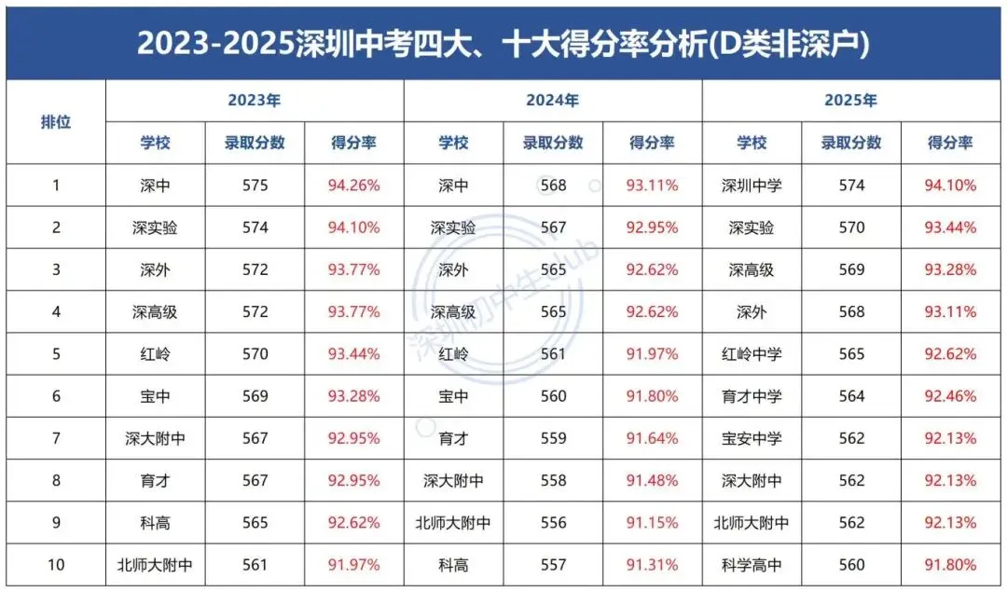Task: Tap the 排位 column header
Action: [x=56, y=122]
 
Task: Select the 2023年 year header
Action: [x=254, y=101]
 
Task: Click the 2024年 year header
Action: [x=552, y=101]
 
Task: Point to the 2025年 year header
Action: [x=850, y=101]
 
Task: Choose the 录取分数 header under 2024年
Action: [x=553, y=143]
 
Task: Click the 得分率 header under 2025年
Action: [x=950, y=143]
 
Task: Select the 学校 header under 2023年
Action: [x=156, y=143]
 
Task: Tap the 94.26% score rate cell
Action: [x=353, y=186]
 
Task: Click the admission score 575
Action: [x=255, y=186]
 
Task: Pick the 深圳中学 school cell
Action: [x=752, y=186]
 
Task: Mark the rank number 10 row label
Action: [x=56, y=565]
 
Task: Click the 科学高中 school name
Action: [x=752, y=565]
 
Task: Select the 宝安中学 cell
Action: [x=752, y=438]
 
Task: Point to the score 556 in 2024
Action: [x=553, y=523]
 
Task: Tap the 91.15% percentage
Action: [x=652, y=523]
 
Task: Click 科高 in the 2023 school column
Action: [x=156, y=523]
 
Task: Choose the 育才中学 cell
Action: [x=752, y=396]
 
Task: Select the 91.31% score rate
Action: [x=652, y=565]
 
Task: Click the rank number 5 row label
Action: [x=56, y=354]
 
